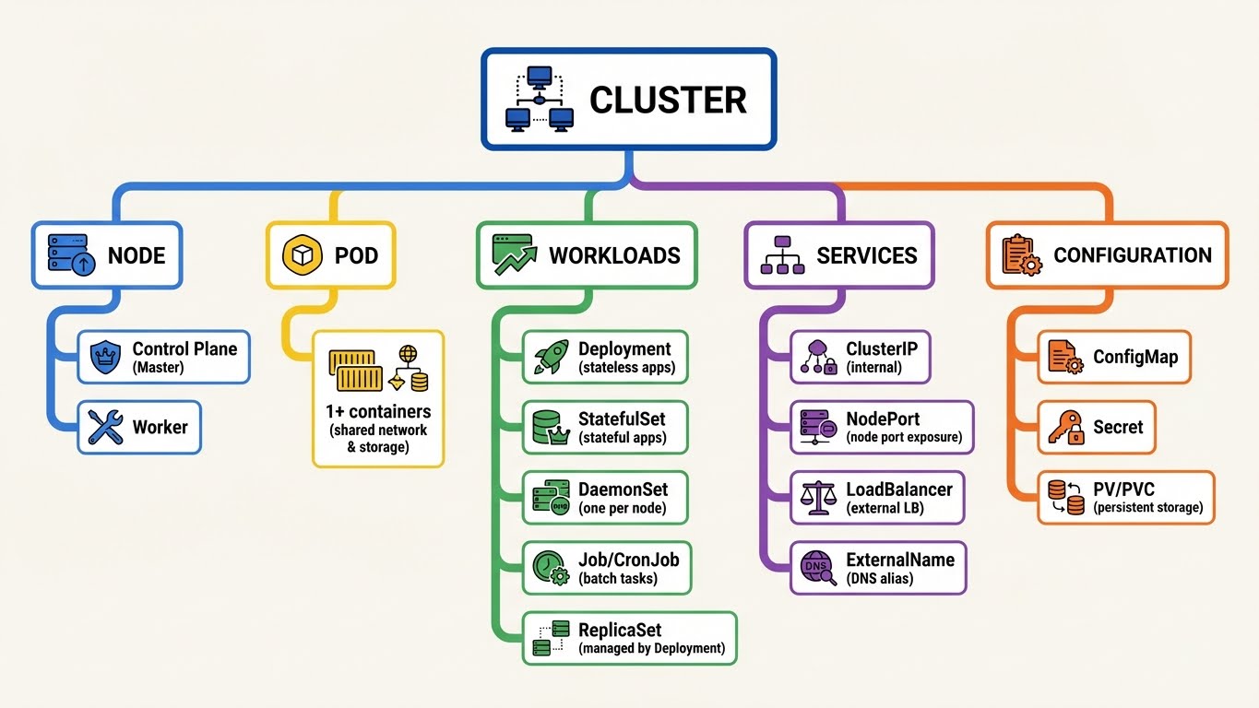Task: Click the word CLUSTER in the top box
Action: click(x=667, y=100)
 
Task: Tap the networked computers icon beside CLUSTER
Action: click(x=540, y=98)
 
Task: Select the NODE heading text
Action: click(x=137, y=255)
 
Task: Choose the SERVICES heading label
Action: click(x=867, y=255)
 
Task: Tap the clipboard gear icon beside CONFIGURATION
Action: click(x=1021, y=255)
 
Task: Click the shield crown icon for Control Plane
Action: click(x=105, y=357)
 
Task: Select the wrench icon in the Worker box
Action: click(x=105, y=428)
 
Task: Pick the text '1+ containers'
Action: click(x=378, y=411)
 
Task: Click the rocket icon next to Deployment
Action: click(x=551, y=357)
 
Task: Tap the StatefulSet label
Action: click(x=622, y=419)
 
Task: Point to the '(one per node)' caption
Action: click(x=622, y=508)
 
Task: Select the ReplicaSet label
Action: click(x=620, y=631)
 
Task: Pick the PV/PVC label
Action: click(x=1122, y=489)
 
